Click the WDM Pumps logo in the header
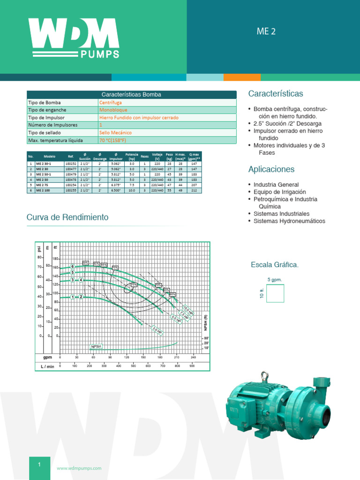tap(74, 37)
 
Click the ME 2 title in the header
tap(266, 32)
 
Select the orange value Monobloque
tap(113, 110)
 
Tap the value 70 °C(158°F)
tap(113, 140)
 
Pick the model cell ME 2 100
tap(44, 191)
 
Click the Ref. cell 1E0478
tap(71, 180)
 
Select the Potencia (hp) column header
tap(132, 156)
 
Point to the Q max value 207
tap(194, 185)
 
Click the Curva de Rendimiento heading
tap(67, 217)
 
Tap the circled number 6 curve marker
tap(73, 266)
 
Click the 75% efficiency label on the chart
tap(134, 285)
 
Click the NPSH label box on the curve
tap(96, 347)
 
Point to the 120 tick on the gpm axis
tap(127, 357)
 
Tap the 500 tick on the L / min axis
tap(133, 366)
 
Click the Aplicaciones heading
tap(271, 169)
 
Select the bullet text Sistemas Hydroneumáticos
tap(289, 221)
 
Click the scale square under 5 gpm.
tap(275, 294)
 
